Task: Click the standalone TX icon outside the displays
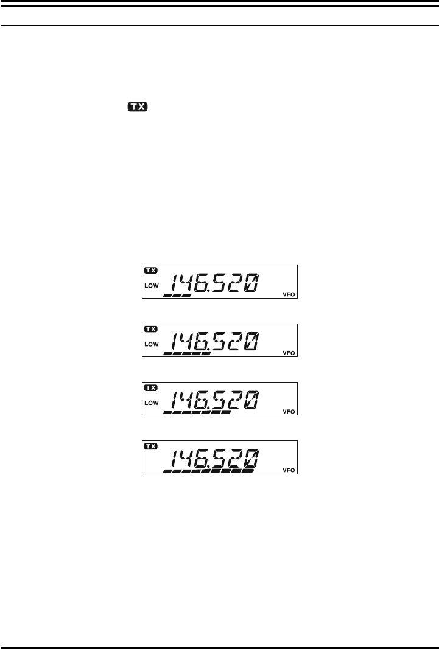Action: [x=138, y=107]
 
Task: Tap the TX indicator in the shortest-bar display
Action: [x=150, y=270]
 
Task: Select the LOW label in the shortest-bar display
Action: [x=151, y=285]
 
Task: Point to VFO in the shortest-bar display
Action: [x=289, y=294]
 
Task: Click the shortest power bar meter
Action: [x=177, y=295]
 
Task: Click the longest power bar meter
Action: [x=208, y=470]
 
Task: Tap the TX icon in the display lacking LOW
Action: [x=150, y=446]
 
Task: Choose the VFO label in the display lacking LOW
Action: [x=289, y=470]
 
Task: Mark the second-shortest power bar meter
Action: [x=187, y=353]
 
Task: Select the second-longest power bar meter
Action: [x=197, y=412]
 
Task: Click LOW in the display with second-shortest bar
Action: [x=151, y=344]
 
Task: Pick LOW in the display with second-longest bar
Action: [x=151, y=402]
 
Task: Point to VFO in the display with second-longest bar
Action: [x=289, y=412]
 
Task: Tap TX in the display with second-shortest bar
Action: [x=150, y=328]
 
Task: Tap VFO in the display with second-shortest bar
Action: [x=289, y=353]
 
